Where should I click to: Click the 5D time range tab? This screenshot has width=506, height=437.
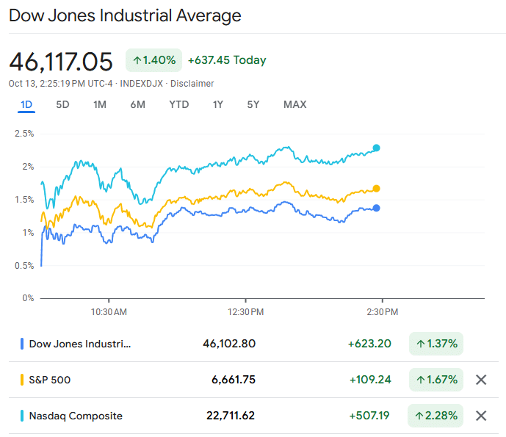[x=62, y=104]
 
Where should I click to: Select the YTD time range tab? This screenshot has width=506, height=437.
[x=178, y=104]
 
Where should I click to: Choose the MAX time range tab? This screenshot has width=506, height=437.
[x=294, y=104]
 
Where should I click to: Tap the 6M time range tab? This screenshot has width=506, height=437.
[x=137, y=104]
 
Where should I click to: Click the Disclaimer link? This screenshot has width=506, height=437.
[x=192, y=84]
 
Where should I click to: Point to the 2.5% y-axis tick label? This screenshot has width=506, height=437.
[x=24, y=134]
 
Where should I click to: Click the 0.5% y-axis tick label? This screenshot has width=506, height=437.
[x=24, y=265]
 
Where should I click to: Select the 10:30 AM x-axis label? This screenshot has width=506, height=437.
[x=109, y=312]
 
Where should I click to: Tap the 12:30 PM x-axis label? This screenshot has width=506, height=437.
[x=245, y=312]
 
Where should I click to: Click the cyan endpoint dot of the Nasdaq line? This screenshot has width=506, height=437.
[x=377, y=148]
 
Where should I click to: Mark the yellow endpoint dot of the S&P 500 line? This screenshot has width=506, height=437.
[x=377, y=189]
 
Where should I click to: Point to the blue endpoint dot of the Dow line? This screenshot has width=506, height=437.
[x=377, y=208]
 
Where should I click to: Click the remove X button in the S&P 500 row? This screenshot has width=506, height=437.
[x=481, y=380]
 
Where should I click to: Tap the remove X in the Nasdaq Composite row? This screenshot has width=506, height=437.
[x=481, y=416]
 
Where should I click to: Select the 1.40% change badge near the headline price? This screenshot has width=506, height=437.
[x=153, y=60]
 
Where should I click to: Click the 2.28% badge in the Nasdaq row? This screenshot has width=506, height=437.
[x=436, y=416]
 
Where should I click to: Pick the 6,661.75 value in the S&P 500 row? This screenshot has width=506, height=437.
[x=234, y=380]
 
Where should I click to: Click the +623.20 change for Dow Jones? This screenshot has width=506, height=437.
[x=369, y=344]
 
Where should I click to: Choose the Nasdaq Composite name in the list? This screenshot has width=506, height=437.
[x=76, y=416]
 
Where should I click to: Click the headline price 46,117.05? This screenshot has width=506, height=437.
[x=61, y=60]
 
